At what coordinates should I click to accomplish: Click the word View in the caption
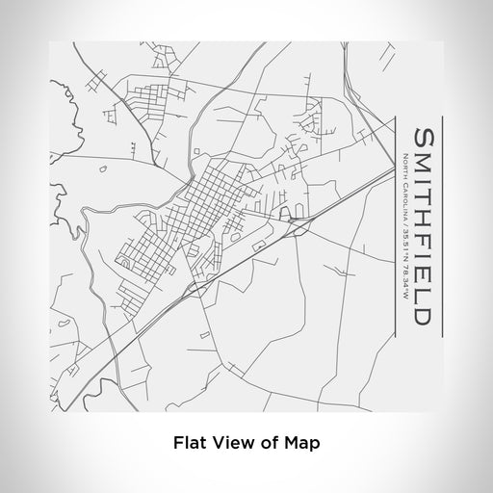pos(233,444)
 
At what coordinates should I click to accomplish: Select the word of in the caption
pos(270,444)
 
